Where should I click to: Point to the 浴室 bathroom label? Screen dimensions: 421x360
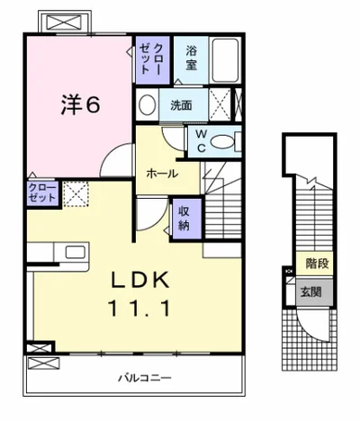[192, 58]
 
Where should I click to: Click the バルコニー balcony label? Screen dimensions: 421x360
[144, 377]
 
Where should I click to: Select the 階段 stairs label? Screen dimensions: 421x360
[317, 264]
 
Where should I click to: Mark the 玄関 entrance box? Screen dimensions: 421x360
[311, 292]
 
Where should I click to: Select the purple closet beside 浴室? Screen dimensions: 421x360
[150, 59]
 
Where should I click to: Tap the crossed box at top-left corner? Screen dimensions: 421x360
[64, 20]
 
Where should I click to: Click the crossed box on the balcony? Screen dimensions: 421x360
[41, 364]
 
